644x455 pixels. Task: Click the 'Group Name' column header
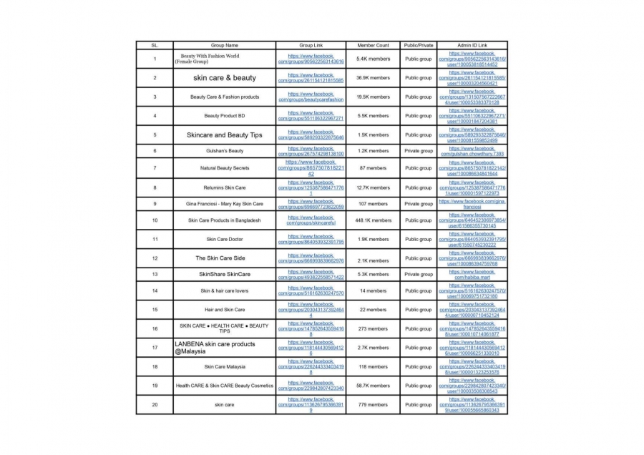(x=224, y=45)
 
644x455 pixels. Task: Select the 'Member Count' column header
(x=373, y=45)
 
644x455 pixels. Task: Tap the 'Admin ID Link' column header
(x=472, y=45)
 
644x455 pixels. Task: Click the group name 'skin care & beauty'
(x=224, y=78)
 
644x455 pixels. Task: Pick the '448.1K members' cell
(x=373, y=220)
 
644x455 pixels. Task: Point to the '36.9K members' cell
(x=373, y=78)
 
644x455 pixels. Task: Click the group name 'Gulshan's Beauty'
(x=224, y=151)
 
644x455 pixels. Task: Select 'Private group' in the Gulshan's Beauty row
(x=419, y=151)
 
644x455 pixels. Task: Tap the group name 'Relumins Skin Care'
(x=224, y=187)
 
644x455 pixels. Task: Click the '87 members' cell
(x=373, y=168)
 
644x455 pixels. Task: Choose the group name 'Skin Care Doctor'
(x=224, y=239)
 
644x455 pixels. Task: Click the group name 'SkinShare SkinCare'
(x=224, y=274)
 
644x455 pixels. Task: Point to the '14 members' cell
(x=373, y=291)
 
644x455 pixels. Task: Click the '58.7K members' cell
(x=373, y=386)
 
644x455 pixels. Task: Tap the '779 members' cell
(x=373, y=405)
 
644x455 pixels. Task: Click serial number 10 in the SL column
(x=155, y=220)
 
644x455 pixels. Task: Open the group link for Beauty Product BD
(x=311, y=116)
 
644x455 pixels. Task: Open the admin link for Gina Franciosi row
(x=472, y=204)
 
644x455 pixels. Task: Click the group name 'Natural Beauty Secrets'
(x=224, y=168)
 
